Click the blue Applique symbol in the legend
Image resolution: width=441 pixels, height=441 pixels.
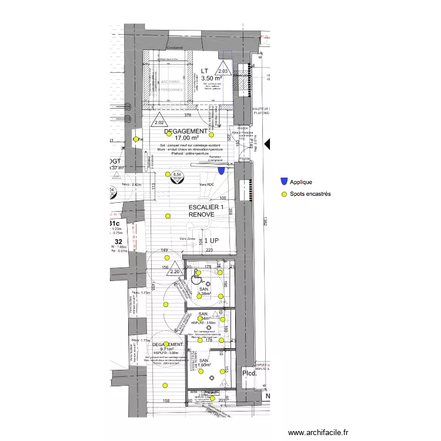coord(285,182)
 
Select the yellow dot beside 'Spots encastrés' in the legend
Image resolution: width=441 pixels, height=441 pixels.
coord(285,194)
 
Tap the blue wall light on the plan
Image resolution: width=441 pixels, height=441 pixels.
coord(221,171)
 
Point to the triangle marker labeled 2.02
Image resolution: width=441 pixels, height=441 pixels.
coord(158,122)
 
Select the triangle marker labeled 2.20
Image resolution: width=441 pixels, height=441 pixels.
coord(174,270)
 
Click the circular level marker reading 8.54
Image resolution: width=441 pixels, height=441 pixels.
coord(176,175)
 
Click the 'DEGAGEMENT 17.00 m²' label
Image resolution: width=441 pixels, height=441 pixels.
coord(187,135)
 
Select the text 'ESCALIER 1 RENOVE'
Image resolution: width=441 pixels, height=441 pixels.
coord(206,212)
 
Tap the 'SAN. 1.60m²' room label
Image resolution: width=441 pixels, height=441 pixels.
coord(204,363)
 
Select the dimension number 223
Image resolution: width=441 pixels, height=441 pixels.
coord(209,251)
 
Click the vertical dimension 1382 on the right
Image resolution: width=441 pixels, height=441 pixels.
coord(266,220)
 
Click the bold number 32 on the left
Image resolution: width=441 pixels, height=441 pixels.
coord(118,241)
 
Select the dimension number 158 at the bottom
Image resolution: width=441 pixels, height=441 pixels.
coord(166,401)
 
